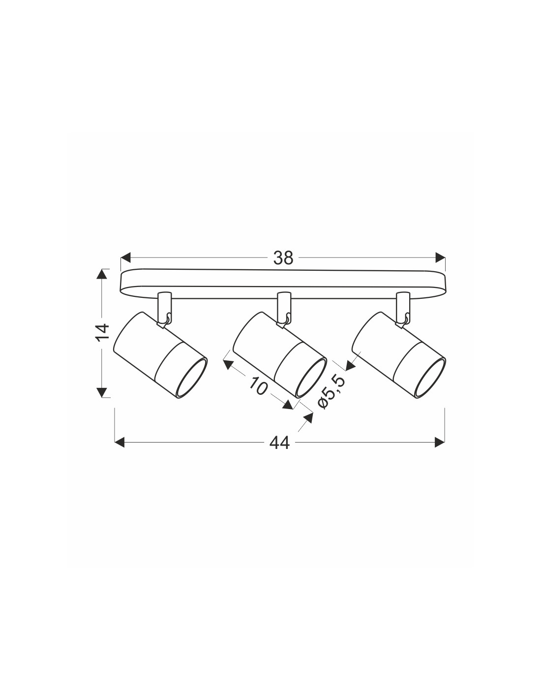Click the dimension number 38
point(283,258)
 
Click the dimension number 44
point(279,443)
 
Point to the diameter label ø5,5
point(331,393)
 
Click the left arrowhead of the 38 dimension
point(126,257)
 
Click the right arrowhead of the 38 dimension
point(440,257)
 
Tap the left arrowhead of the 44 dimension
point(120,442)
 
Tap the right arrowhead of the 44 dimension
point(439,442)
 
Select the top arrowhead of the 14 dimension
point(102,274)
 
